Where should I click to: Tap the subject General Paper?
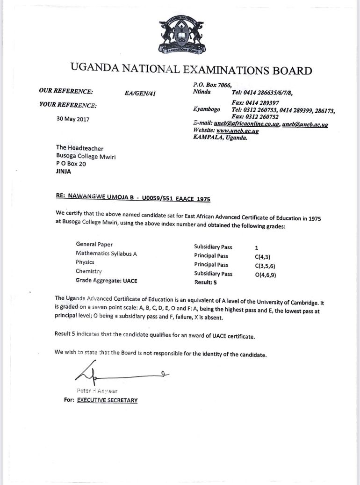tap(94, 245)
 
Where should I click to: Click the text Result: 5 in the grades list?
tap(205, 283)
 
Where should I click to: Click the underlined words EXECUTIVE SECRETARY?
tap(107, 400)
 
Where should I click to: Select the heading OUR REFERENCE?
tap(66, 91)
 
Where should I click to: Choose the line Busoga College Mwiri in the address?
tap(86, 156)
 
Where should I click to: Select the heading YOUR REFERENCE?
tap(68, 105)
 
